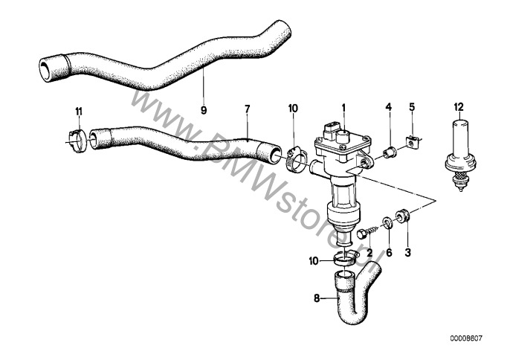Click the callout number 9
pyautogui.click(x=202, y=109)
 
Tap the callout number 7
pyautogui.click(x=247, y=109)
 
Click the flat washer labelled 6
pyautogui.click(x=388, y=222)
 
